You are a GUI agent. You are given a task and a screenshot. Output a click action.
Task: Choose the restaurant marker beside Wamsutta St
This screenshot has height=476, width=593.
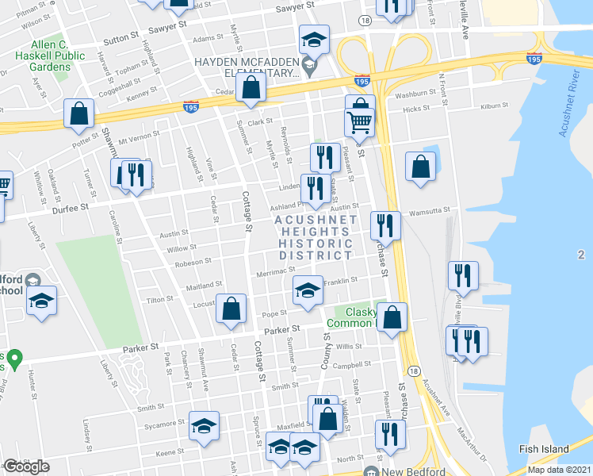(386, 227)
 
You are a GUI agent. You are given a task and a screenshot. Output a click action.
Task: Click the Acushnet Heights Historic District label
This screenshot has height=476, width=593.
(315, 237)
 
